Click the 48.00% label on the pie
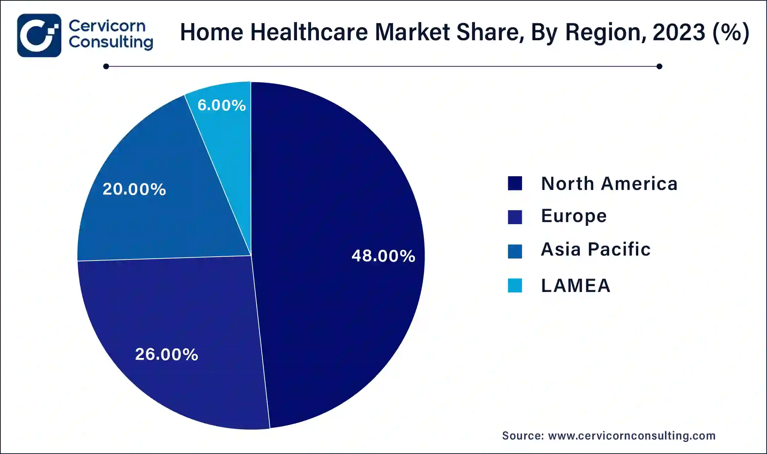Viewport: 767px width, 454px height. [x=383, y=256]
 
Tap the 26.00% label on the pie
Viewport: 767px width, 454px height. [x=166, y=354]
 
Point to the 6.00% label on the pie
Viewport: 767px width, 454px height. [x=221, y=105]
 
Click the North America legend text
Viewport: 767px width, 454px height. [x=609, y=184]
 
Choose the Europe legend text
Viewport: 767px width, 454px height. [x=574, y=216]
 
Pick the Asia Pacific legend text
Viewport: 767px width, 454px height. [x=596, y=249]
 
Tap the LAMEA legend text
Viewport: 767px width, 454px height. [x=576, y=285]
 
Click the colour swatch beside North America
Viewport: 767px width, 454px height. [x=515, y=184]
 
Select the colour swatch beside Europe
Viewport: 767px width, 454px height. [x=515, y=217]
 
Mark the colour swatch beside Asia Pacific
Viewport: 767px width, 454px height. [x=515, y=251]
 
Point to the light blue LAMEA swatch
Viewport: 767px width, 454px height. [x=515, y=286]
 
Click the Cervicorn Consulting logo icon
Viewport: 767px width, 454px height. [x=39, y=35]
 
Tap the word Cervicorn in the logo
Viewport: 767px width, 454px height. [x=107, y=26]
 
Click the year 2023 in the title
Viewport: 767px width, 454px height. [x=679, y=32]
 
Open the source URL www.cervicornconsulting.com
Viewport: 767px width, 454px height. [x=631, y=436]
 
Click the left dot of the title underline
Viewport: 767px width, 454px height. [x=106, y=66]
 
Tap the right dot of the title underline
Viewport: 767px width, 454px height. [x=659, y=66]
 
